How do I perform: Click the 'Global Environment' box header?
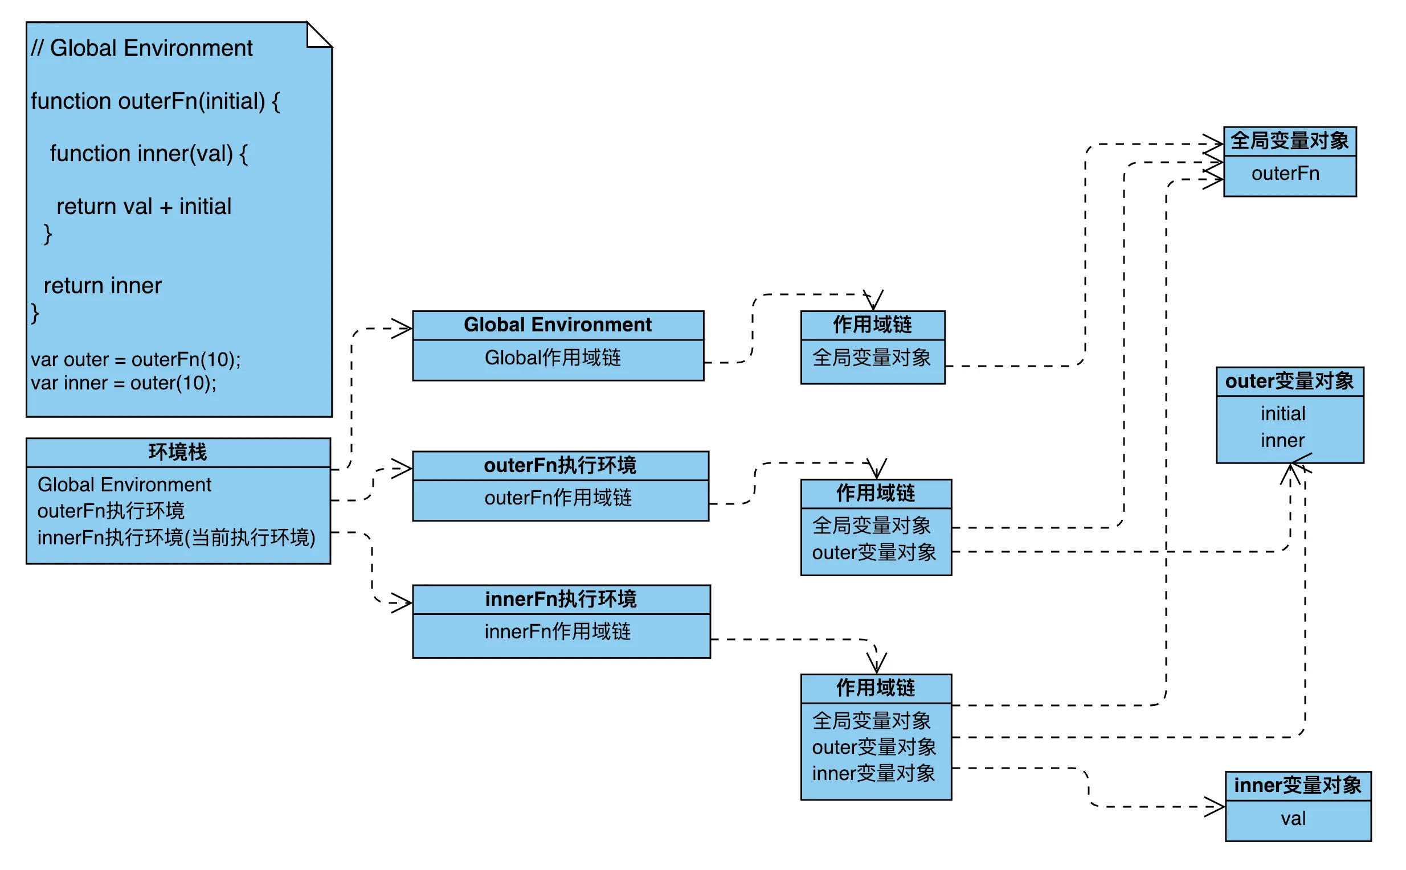pos(557,325)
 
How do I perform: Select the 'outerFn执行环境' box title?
pos(559,465)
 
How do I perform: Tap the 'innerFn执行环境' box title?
pos(561,599)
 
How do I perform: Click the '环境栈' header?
pos(178,452)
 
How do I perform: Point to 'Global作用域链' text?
pos(552,358)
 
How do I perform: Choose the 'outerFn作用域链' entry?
pos(558,498)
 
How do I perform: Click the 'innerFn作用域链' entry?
pos(557,631)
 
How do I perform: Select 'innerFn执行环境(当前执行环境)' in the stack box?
pos(176,537)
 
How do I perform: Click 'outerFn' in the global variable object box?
pos(1285,173)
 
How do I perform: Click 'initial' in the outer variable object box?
pos(1282,413)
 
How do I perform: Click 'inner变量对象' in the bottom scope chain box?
pos(873,773)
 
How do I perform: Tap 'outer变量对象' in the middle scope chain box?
pos(873,552)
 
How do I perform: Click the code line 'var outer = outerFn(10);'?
pos(136,360)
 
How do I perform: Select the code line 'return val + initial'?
pos(144,207)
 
